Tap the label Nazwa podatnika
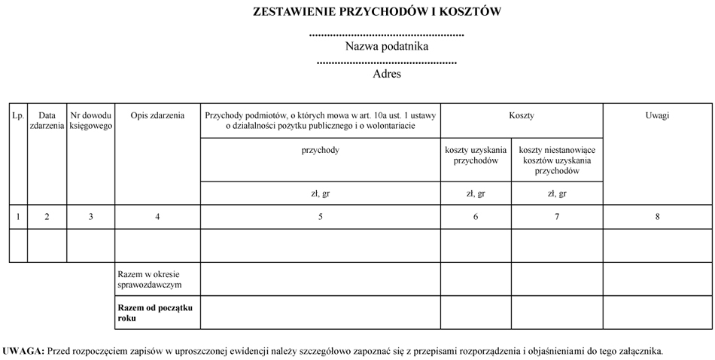point(387,47)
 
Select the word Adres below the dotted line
point(387,74)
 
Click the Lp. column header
point(18,116)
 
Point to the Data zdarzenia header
point(47,121)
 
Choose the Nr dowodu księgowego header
point(91,121)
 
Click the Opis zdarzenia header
point(157,116)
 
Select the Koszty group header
point(522,115)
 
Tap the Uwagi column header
point(658,115)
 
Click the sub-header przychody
point(320,150)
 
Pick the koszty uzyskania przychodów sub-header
point(476,155)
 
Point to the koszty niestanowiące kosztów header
point(557,160)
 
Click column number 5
point(321,217)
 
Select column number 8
point(658,217)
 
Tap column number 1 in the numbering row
point(18,217)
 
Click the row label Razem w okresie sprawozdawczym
point(149,279)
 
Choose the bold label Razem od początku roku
point(155,313)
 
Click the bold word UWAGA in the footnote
point(23,351)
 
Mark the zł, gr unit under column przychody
point(320,194)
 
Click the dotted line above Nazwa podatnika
point(387,35)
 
